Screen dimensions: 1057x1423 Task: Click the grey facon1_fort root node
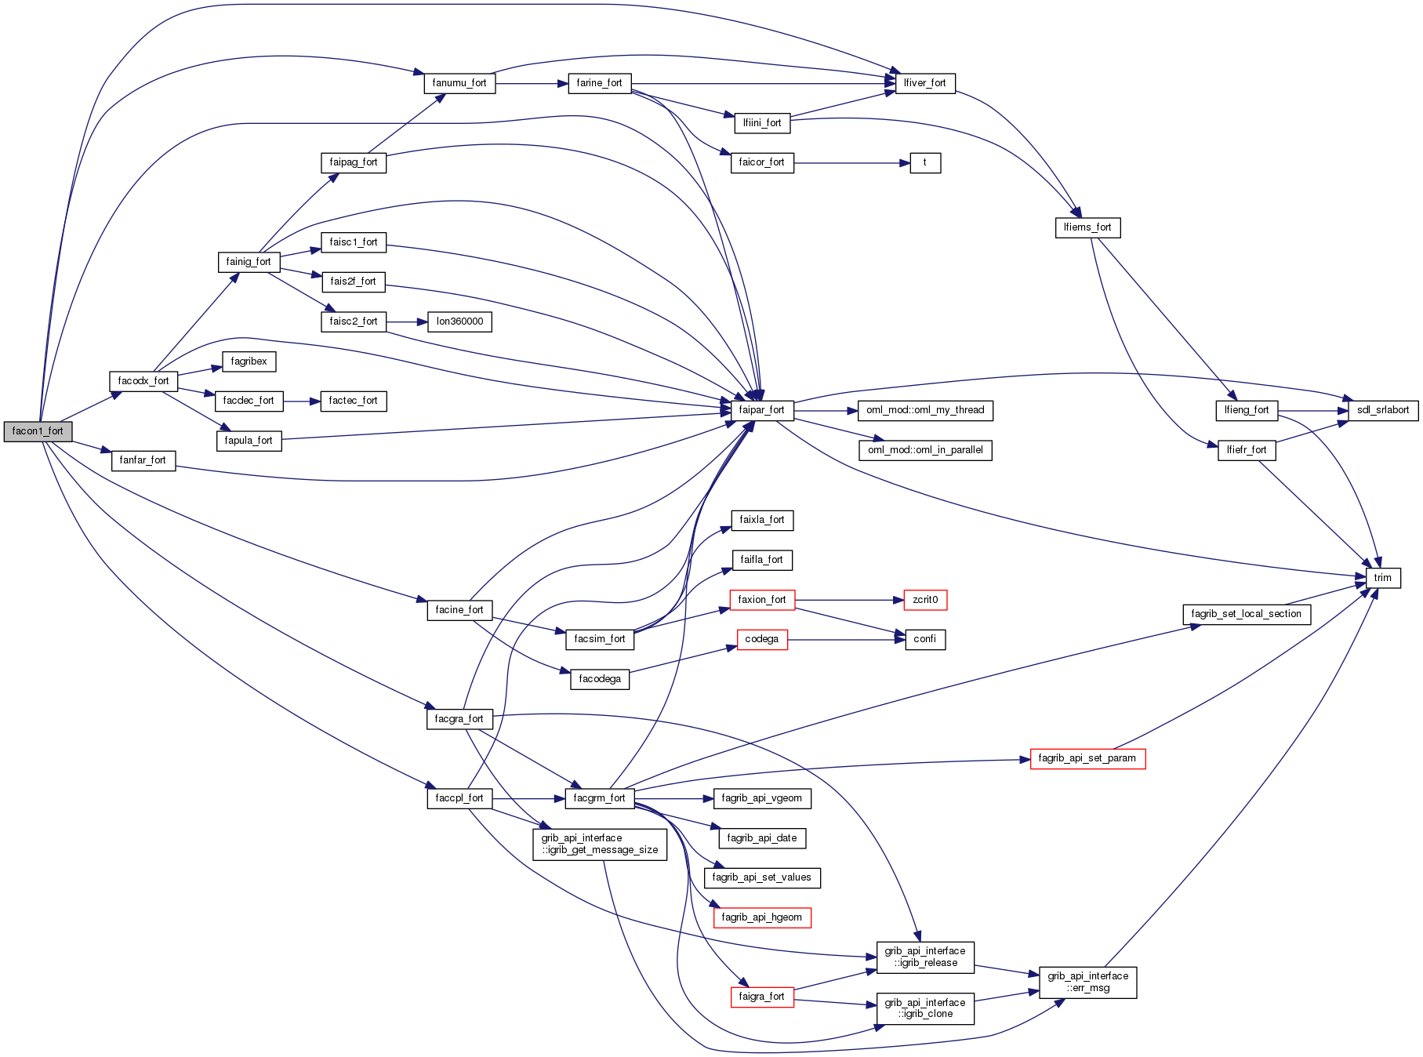38,431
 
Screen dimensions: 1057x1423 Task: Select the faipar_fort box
761,410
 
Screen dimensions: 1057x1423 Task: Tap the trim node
1382,578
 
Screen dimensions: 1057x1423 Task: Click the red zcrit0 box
925,600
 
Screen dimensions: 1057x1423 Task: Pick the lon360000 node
459,321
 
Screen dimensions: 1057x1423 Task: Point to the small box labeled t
925,163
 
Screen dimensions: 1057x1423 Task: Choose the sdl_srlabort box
1382,410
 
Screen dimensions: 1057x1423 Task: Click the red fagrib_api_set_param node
1087,758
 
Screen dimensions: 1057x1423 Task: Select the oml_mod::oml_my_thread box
925,410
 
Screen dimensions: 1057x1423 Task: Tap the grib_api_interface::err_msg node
1087,982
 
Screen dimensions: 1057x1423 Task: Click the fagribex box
249,361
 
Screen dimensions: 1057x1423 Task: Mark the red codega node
761,640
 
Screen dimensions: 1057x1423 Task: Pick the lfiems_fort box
1087,227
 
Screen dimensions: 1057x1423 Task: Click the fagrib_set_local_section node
1246,614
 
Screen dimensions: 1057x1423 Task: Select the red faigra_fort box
761,997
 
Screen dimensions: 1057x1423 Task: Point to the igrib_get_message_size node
600,845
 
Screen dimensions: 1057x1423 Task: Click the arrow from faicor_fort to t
851,163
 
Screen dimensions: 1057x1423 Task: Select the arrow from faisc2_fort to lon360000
407,321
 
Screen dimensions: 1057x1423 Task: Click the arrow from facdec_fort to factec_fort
302,401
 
